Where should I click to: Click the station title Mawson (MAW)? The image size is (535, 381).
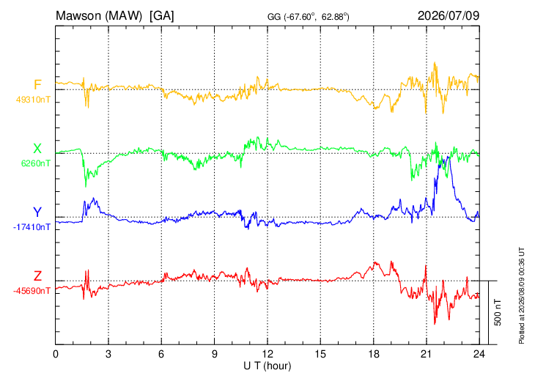[99, 15]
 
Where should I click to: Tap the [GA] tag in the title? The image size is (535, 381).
[161, 15]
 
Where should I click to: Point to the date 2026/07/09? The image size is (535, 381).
[449, 15]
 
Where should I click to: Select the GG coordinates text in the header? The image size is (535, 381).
[308, 17]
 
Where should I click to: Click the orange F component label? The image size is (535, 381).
[37, 84]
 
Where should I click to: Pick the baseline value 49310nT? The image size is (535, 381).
[33, 100]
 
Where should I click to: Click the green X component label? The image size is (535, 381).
[37, 149]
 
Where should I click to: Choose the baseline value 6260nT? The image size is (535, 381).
[36, 163]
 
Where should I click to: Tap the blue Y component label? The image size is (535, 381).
[37, 212]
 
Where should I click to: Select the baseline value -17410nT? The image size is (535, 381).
[32, 227]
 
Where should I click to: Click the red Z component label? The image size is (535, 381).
[37, 275]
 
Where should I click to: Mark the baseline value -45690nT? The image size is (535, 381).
[32, 291]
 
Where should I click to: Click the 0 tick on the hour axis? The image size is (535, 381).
[56, 354]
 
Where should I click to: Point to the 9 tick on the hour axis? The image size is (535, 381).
[214, 354]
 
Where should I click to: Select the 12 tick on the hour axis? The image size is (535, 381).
[267, 354]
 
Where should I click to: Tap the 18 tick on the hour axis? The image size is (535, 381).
[374, 354]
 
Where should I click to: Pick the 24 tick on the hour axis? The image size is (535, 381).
[479, 354]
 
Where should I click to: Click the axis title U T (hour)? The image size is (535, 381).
[267, 366]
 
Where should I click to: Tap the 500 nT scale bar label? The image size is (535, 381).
[498, 312]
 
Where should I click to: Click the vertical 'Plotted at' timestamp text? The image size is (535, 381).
[522, 296]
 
